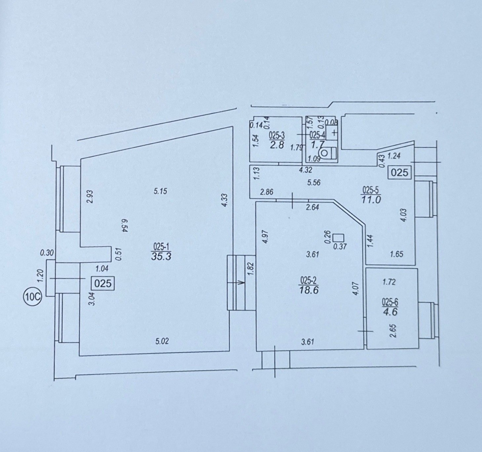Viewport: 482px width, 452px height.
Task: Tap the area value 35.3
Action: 161,257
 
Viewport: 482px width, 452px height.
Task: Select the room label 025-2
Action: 309,281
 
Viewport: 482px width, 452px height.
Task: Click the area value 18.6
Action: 309,290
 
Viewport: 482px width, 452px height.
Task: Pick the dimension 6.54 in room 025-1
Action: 125,226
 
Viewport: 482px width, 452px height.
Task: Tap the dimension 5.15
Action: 161,192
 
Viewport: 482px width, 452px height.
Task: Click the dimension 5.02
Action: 162,342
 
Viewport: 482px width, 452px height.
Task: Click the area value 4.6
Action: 390,312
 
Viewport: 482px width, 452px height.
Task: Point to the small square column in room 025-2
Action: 337,237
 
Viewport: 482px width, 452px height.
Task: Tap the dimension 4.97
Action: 266,237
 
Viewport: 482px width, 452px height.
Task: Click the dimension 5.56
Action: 314,183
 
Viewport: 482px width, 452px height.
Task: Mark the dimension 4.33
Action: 225,200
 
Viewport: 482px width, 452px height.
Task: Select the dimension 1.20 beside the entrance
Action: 40,276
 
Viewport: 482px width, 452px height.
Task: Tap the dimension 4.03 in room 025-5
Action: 404,215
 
